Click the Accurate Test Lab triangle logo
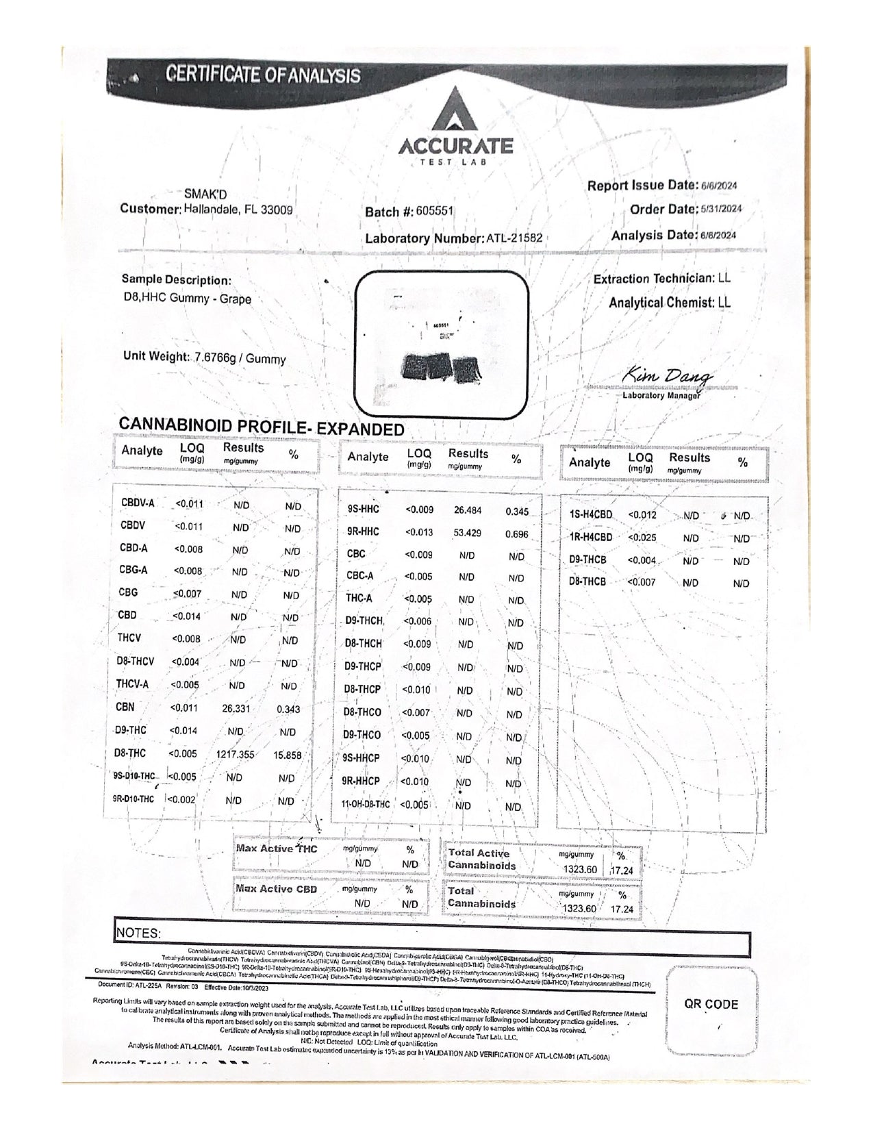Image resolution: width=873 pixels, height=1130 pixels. (455, 110)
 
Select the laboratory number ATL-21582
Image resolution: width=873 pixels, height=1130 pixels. (514, 238)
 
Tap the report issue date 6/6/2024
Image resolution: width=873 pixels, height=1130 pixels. (718, 186)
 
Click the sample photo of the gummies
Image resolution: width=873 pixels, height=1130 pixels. (443, 342)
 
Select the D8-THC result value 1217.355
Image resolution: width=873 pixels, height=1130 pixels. (235, 754)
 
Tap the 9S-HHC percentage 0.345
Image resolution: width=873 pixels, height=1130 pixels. (516, 511)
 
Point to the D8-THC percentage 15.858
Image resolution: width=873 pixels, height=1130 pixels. (287, 755)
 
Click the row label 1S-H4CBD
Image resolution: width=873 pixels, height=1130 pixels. (591, 514)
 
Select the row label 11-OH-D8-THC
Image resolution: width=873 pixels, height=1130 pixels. (366, 805)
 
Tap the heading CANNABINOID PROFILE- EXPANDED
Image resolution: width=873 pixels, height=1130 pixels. (262, 428)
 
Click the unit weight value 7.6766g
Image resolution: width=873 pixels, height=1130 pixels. (215, 358)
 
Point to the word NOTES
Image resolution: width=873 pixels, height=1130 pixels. (138, 933)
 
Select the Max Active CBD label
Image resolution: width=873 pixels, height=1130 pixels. (277, 889)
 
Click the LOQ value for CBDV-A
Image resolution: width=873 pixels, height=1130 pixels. (190, 503)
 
